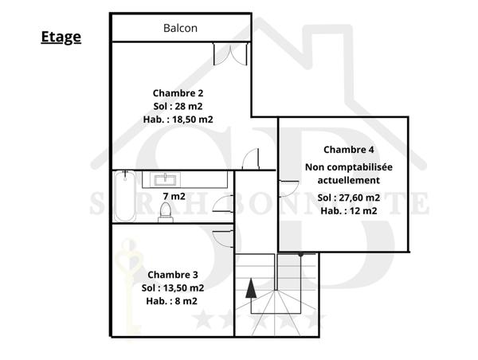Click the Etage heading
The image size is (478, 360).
point(61,37)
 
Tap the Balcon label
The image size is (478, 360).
point(181,28)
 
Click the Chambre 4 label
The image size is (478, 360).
point(349,150)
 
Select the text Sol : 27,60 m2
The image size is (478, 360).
point(349,198)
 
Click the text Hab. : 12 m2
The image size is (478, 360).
point(349,211)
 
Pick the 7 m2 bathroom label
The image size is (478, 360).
point(174,196)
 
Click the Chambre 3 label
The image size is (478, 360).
point(173,275)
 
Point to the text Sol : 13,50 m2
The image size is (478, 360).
point(173,288)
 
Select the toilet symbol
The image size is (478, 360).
point(166,212)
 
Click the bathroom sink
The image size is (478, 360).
point(169,178)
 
